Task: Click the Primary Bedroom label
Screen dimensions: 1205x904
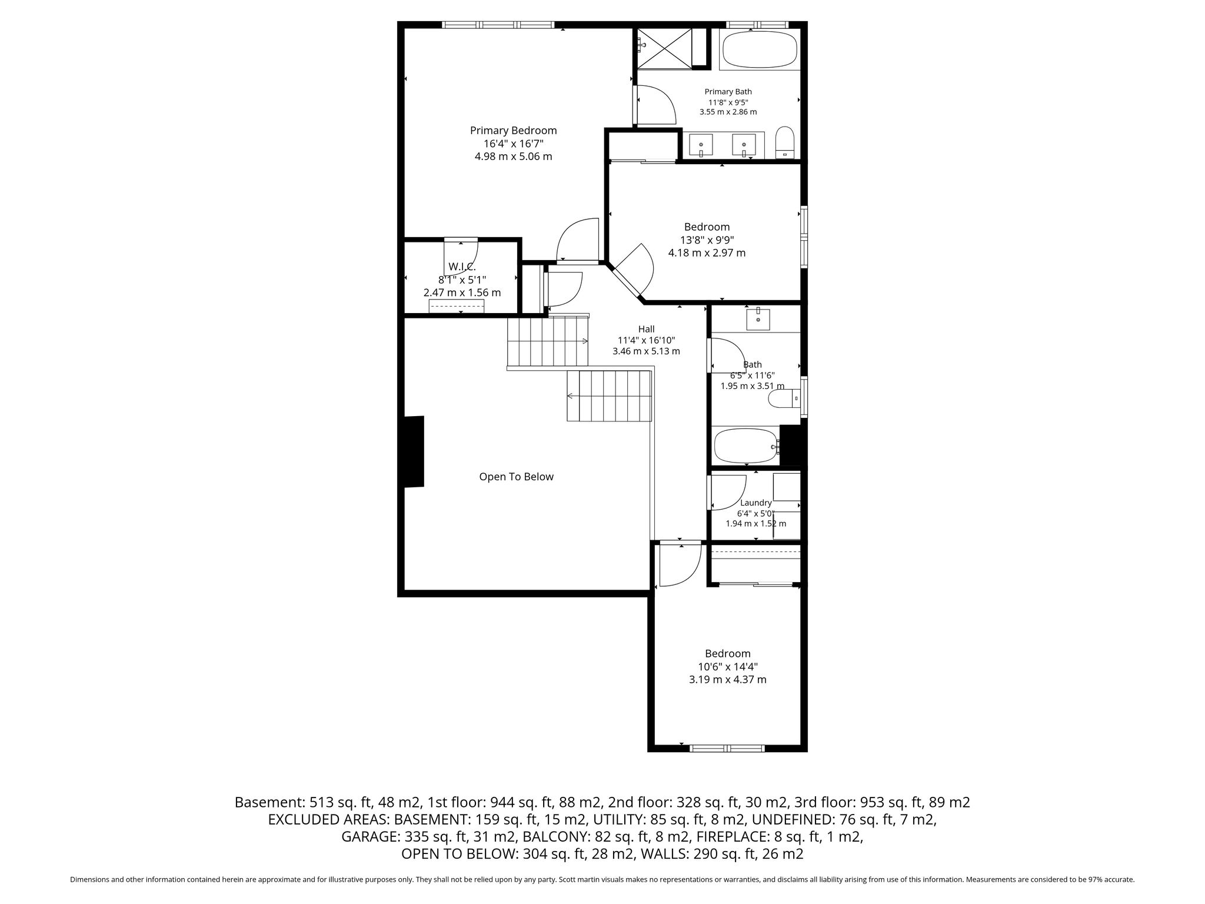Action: click(513, 131)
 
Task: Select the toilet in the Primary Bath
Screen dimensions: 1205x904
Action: click(785, 142)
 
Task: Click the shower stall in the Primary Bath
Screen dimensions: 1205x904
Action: click(665, 48)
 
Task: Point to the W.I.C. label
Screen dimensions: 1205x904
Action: click(462, 267)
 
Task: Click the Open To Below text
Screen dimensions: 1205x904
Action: click(516, 477)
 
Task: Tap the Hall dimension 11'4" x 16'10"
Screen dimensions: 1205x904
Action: click(646, 340)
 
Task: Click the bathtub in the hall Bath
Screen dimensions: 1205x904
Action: click(746, 446)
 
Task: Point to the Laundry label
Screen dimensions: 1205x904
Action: click(755, 503)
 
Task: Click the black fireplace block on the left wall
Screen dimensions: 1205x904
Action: click(414, 451)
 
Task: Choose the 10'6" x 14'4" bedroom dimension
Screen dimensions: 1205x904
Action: click(728, 667)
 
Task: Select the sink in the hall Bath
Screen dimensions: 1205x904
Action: click(758, 318)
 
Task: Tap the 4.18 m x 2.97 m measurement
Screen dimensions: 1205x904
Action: click(707, 253)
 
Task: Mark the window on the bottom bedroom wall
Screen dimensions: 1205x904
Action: click(727, 748)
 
